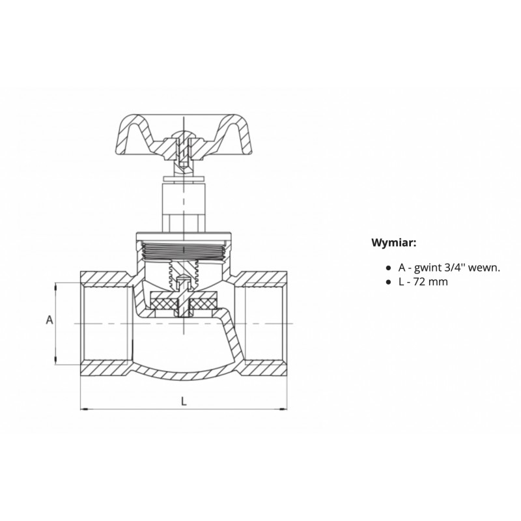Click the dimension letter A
pos(49,320)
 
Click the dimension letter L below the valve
pos(184,401)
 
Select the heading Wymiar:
pos(394,242)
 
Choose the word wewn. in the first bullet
pos(483,268)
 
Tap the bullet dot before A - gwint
pos(387,268)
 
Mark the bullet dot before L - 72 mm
pos(387,283)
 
